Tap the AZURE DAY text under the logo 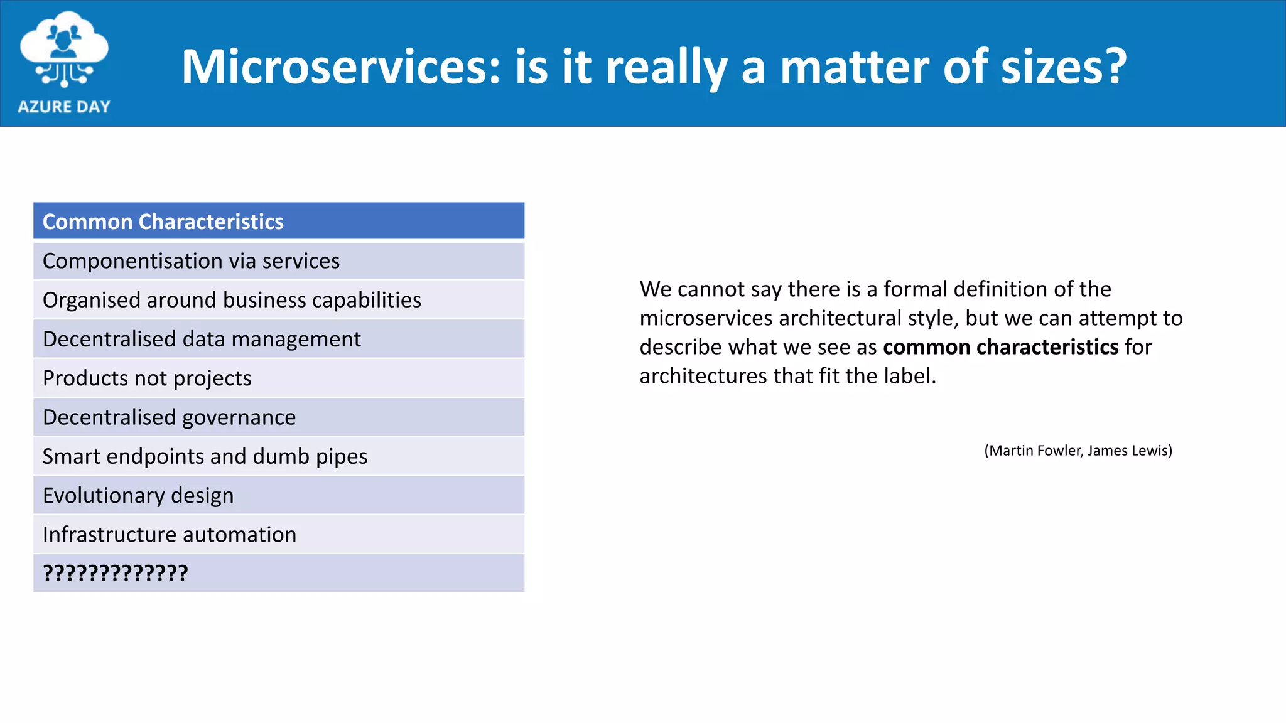tap(64, 107)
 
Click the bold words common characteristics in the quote tap(1000, 347)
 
